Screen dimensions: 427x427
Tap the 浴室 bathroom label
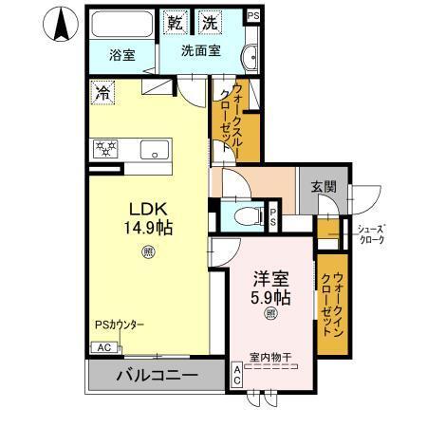coord(121,55)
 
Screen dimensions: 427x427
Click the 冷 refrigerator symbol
coord(102,93)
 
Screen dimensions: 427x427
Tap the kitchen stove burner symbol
coord(103,149)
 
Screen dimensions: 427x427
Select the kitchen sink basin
coord(152,150)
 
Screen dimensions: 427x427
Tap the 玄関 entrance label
coord(323,187)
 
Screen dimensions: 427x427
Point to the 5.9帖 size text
coord(270,297)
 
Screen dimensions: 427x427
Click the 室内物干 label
coord(270,357)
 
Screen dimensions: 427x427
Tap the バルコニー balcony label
coord(158,376)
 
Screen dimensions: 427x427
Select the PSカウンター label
coord(120,325)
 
